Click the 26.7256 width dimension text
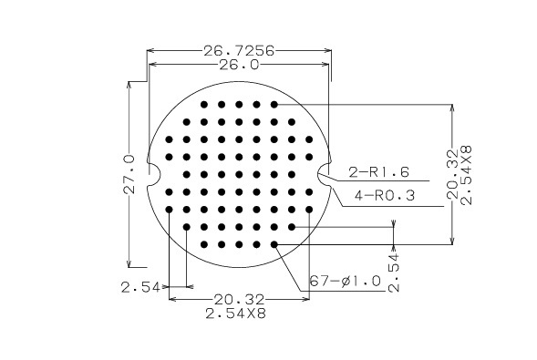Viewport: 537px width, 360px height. pyautogui.click(x=239, y=51)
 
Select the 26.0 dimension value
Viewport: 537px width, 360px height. pyautogui.click(x=239, y=65)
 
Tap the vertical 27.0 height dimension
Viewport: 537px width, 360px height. pyautogui.click(x=129, y=174)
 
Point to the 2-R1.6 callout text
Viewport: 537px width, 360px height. pyautogui.click(x=378, y=171)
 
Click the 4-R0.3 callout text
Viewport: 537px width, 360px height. pyautogui.click(x=385, y=196)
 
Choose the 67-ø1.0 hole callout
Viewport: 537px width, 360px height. pyautogui.click(x=346, y=281)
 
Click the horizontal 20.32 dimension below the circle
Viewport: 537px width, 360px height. pyautogui.click(x=239, y=300)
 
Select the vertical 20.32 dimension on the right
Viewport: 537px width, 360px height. pyautogui.click(x=452, y=174)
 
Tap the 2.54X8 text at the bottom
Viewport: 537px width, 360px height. pyautogui.click(x=235, y=314)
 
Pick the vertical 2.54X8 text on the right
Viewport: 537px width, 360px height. pyautogui.click(x=466, y=175)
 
